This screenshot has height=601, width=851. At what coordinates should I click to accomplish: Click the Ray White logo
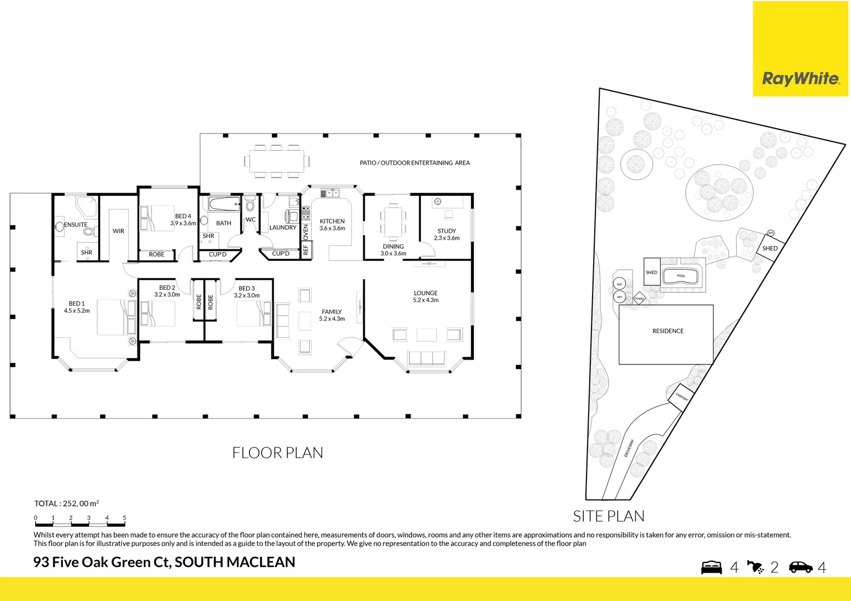(x=800, y=78)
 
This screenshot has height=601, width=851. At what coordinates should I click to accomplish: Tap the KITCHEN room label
(x=332, y=221)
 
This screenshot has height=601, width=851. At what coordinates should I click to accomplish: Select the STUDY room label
(x=447, y=231)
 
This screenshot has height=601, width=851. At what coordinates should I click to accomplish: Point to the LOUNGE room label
(x=425, y=293)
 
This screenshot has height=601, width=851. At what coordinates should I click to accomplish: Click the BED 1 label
(x=77, y=304)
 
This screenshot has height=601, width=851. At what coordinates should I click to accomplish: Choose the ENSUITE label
(x=76, y=225)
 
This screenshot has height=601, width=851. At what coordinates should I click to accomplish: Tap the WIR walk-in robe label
(x=119, y=231)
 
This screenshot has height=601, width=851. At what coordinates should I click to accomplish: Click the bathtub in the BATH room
(x=224, y=204)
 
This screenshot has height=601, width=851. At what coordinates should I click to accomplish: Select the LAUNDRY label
(x=283, y=228)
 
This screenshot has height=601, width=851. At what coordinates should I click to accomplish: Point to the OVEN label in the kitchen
(x=306, y=232)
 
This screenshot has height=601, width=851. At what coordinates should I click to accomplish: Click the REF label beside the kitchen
(x=306, y=250)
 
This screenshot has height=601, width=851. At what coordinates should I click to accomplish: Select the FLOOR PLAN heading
(x=277, y=453)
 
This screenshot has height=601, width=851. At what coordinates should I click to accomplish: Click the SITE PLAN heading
(x=609, y=516)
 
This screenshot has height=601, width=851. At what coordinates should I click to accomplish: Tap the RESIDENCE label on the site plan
(x=668, y=331)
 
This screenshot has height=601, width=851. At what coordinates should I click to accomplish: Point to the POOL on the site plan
(x=681, y=276)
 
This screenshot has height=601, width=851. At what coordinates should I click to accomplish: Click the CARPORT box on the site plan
(x=682, y=398)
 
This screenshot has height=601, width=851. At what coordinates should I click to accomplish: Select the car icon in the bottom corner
(x=801, y=567)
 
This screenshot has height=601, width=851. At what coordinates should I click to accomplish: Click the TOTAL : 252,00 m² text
(x=66, y=504)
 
